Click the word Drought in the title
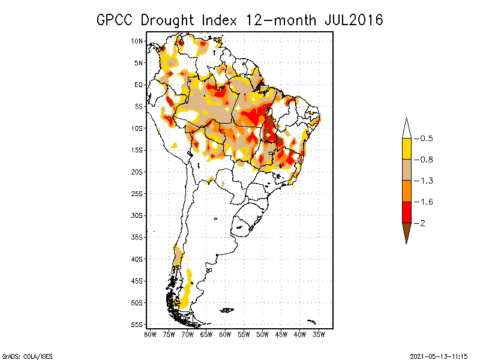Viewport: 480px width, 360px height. (x=168, y=20)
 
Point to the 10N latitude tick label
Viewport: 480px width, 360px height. (x=137, y=41)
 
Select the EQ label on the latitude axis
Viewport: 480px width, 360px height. (x=139, y=85)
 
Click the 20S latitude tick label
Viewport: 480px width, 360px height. (x=137, y=172)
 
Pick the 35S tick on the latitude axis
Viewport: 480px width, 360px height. (x=137, y=237)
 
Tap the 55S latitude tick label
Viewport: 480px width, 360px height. (x=137, y=325)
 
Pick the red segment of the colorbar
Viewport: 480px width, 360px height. (x=406, y=212)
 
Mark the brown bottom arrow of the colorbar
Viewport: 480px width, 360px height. (x=406, y=231)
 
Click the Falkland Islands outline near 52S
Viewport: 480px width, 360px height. (x=226, y=310)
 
